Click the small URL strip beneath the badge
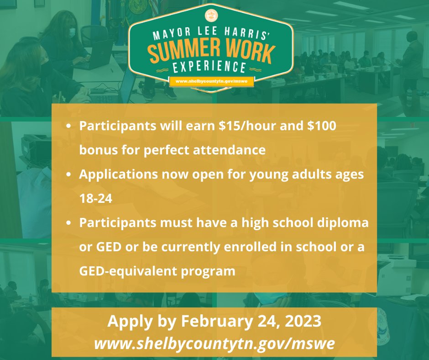(211, 82)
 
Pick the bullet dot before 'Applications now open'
(68, 175)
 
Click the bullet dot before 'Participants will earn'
(68, 127)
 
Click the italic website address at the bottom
(214, 343)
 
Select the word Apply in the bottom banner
(125, 322)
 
